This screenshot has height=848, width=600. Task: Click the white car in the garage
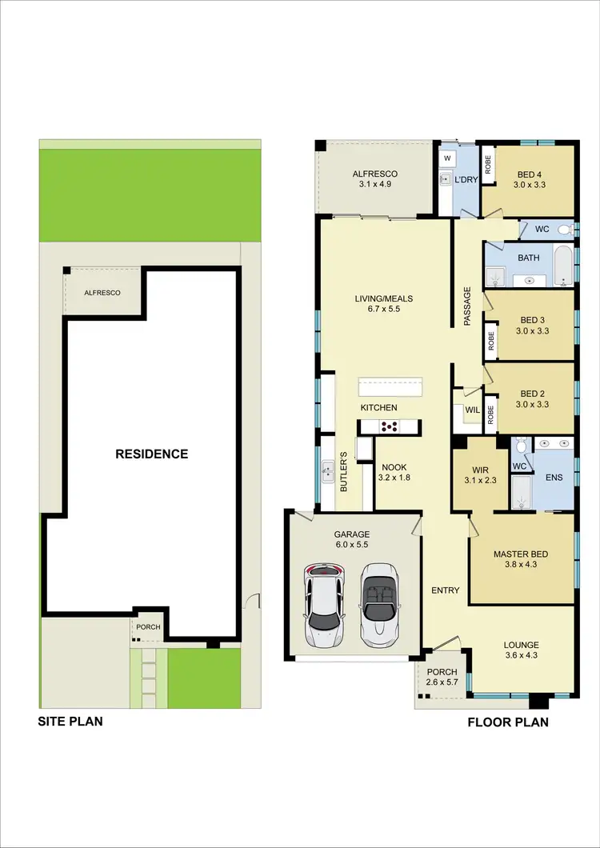click(x=324, y=606)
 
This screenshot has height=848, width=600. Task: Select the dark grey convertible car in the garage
click(x=379, y=606)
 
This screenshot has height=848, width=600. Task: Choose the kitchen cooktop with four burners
click(x=389, y=427)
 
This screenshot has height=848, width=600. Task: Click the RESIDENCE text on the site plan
click(x=152, y=454)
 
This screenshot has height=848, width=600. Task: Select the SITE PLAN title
click(x=71, y=721)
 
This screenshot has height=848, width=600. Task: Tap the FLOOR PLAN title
click(x=508, y=722)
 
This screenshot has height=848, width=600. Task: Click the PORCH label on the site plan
click(x=149, y=627)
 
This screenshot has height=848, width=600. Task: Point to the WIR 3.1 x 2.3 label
click(x=479, y=475)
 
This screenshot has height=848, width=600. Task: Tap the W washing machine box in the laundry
click(x=447, y=158)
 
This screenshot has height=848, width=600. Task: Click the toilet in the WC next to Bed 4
click(x=564, y=230)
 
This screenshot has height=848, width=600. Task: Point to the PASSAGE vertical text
click(x=467, y=306)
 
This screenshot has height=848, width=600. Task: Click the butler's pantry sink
click(x=327, y=472)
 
